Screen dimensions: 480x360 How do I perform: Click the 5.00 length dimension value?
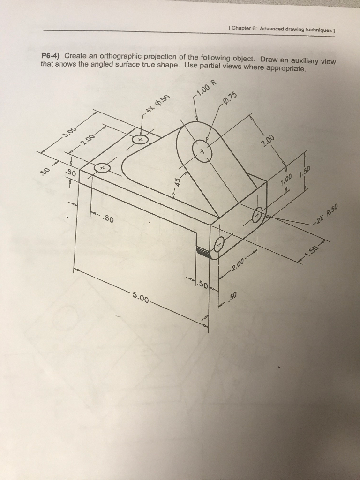click(x=141, y=296)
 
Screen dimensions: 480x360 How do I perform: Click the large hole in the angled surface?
click(x=203, y=151)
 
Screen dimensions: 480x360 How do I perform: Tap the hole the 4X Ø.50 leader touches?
click(x=140, y=139)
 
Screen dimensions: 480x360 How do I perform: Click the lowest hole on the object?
click(x=219, y=244)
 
